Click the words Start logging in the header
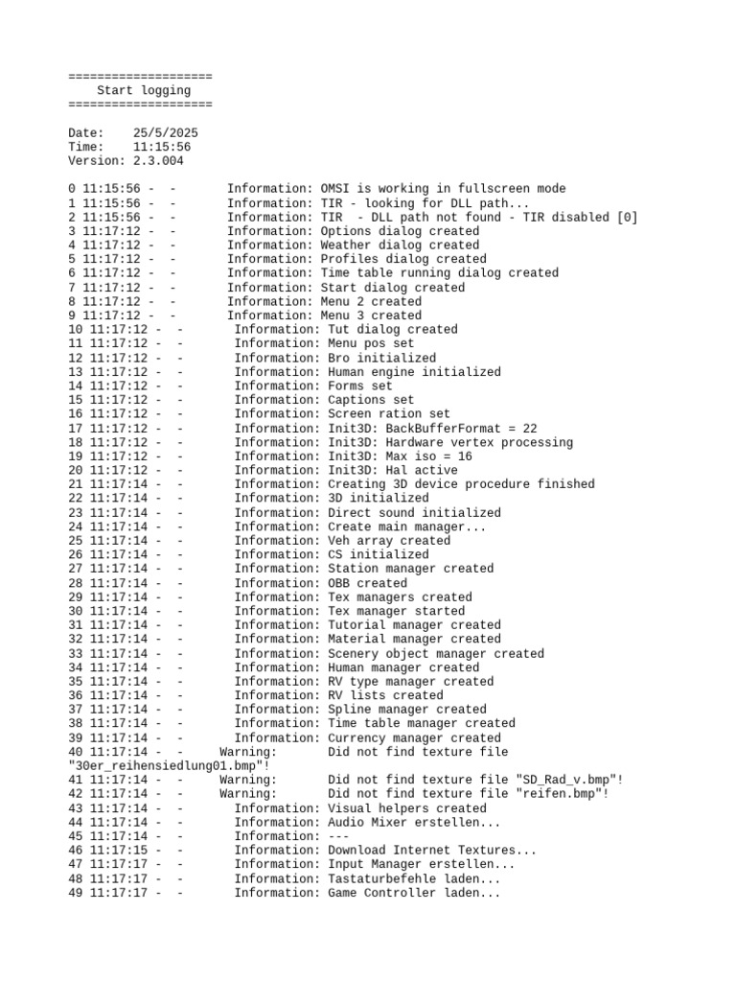[144, 90]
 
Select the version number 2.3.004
[158, 160]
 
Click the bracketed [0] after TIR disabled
[627, 217]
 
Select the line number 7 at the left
[72, 288]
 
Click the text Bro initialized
[381, 358]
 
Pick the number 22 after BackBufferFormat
[530, 429]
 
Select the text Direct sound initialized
[414, 513]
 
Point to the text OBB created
[367, 583]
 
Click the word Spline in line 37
[349, 710]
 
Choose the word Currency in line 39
[356, 738]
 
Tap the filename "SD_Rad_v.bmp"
[569, 781]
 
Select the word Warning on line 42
[248, 794]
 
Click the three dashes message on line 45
[338, 836]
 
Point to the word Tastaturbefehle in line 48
[381, 878]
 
